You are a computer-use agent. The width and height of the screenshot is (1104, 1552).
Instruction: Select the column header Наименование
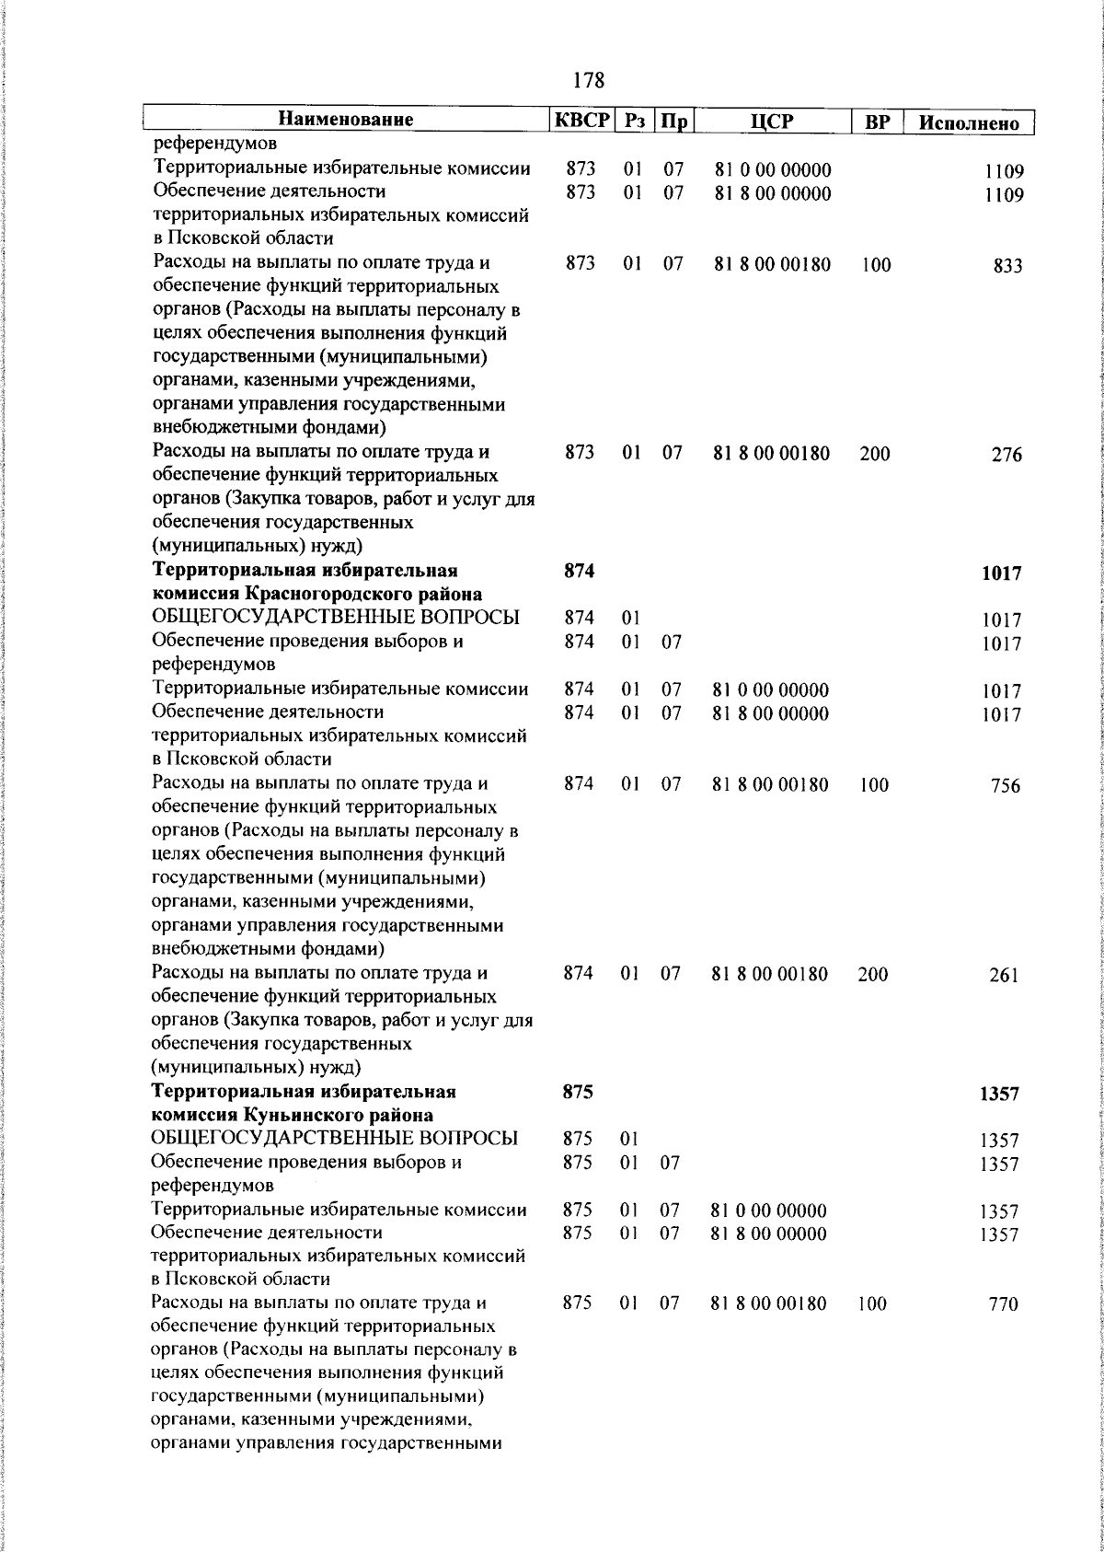click(x=345, y=120)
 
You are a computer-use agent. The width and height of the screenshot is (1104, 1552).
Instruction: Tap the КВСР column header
click(x=581, y=121)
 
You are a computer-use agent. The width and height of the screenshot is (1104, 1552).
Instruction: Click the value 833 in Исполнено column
click(x=1007, y=266)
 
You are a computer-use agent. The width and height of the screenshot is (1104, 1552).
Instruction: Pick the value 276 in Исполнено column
click(x=1006, y=455)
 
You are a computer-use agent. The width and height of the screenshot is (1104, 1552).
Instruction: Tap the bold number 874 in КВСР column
click(x=579, y=572)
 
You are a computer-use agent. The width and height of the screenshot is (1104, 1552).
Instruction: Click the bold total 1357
click(x=999, y=1095)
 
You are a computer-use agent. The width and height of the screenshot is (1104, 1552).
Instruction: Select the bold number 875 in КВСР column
click(x=577, y=1093)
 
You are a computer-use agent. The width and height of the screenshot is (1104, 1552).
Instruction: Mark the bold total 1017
click(x=1001, y=573)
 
